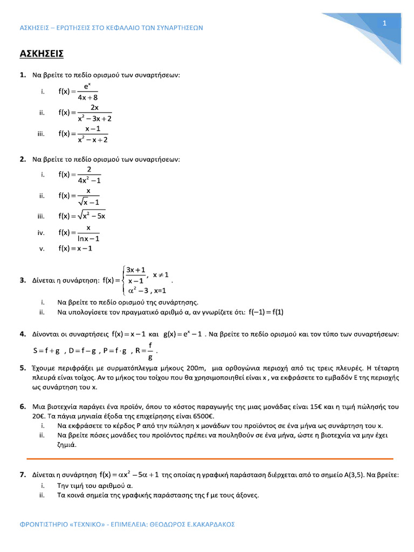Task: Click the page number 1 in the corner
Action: pos(384,23)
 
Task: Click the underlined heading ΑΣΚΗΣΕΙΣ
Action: pos(42,53)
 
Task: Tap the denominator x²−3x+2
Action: pos(94,119)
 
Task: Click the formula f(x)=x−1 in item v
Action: pos(75,249)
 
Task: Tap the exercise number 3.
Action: pos(23,280)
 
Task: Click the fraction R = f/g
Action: pos(144,350)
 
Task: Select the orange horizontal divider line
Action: pos(210,458)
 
